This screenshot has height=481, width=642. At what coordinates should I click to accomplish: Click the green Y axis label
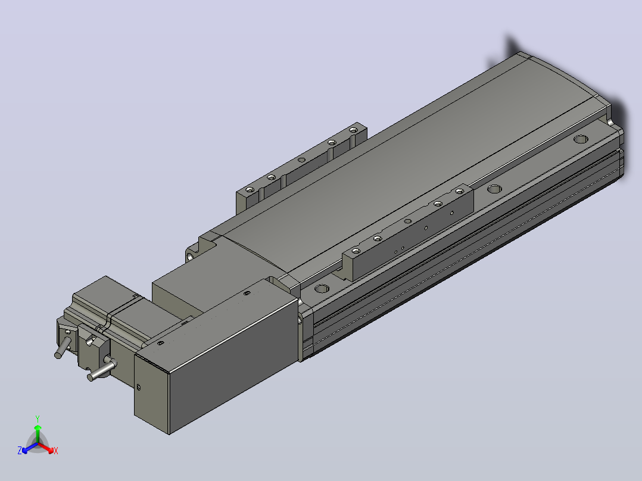pyautogui.click(x=38, y=418)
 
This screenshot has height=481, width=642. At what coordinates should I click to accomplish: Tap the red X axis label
pyautogui.click(x=56, y=451)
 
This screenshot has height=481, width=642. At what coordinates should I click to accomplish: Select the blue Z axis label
pyautogui.click(x=19, y=450)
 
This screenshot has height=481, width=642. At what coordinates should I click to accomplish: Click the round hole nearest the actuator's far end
pyautogui.click(x=580, y=139)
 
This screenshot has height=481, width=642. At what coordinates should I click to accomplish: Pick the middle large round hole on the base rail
pyautogui.click(x=494, y=189)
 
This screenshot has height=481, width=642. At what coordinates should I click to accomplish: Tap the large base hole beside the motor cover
pyautogui.click(x=322, y=289)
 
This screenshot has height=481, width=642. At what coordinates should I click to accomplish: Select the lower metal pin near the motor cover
pyautogui.click(x=101, y=370)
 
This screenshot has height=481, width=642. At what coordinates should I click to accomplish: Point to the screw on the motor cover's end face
pyautogui.click(x=138, y=387)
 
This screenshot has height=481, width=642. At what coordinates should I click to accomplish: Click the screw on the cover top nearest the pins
pyautogui.click(x=161, y=343)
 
